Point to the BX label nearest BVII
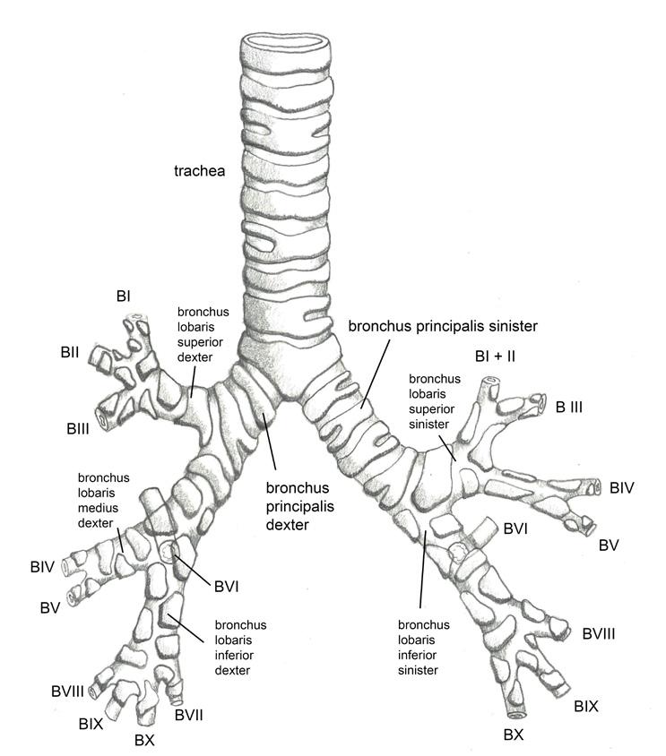point(145,741)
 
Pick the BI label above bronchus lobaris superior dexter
point(124,296)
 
